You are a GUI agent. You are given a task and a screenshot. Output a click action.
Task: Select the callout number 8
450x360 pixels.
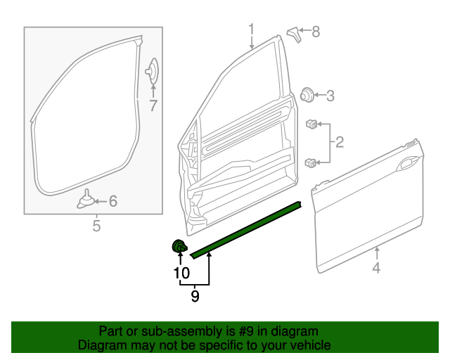pyautogui.click(x=316, y=31)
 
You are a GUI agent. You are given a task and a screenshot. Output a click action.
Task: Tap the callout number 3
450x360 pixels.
pyautogui.click(x=330, y=96)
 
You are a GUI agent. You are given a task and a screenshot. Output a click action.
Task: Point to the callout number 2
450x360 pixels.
pyautogui.click(x=340, y=143)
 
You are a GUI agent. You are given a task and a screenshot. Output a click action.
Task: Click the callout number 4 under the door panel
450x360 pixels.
pyautogui.click(x=376, y=267)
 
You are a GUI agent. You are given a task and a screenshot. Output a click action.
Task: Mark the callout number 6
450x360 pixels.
pyautogui.click(x=112, y=202)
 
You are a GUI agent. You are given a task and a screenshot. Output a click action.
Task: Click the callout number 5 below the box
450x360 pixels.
pyautogui.click(x=97, y=226)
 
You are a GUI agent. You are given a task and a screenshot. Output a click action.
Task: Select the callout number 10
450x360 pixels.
pyautogui.click(x=181, y=272)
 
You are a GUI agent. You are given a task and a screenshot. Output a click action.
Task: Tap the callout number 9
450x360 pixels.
pyautogui.click(x=195, y=297)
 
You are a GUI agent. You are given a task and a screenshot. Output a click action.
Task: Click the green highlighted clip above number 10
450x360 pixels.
pyautogui.click(x=180, y=246)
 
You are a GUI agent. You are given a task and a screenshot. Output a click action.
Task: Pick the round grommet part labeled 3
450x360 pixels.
pyautogui.click(x=307, y=95)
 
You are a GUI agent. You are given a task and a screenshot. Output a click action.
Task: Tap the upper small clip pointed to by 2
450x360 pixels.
pyautogui.click(x=310, y=125)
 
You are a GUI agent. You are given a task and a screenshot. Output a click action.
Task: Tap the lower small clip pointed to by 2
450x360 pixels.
pyautogui.click(x=310, y=163)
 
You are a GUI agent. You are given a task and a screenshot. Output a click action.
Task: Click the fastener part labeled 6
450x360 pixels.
pyautogui.click(x=86, y=200)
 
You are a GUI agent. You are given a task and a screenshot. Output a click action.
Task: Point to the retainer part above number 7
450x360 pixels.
pyautogui.click(x=152, y=71)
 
